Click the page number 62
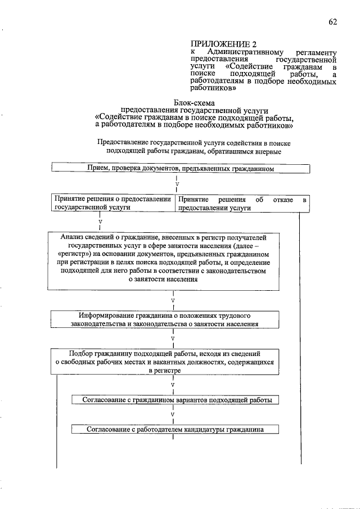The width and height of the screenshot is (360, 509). pyautogui.click(x=332, y=22)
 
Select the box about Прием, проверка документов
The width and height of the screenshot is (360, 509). pyautogui.click(x=180, y=168)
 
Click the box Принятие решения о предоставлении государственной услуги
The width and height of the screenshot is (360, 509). pyautogui.click(x=113, y=203)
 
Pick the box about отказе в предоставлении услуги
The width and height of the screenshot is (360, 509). pyautogui.click(x=242, y=203)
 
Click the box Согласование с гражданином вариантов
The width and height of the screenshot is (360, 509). pyautogui.click(x=175, y=400)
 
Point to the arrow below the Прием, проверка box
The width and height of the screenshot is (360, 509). pyautogui.click(x=177, y=184)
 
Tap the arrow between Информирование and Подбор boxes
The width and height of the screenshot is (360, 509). pyautogui.click(x=173, y=339)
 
